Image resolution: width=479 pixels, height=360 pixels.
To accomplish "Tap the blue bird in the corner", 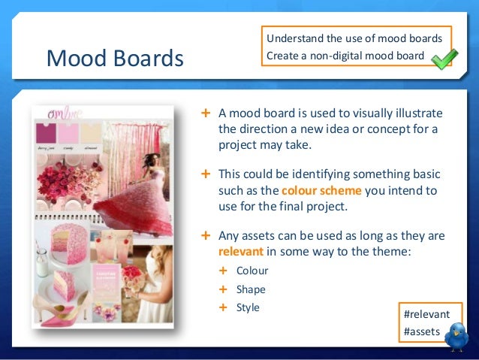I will pyautogui.click(x=456, y=337).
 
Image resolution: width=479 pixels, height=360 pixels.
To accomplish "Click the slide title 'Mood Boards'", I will pyautogui.click(x=114, y=58).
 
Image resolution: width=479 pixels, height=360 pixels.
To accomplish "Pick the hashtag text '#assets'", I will pyautogui.click(x=422, y=330).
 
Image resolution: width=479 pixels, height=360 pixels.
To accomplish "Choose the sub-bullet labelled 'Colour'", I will pyautogui.click(x=252, y=271).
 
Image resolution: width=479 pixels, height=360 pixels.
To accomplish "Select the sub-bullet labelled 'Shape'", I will pyautogui.click(x=251, y=289).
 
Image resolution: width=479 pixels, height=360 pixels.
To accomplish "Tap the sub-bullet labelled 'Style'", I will pyautogui.click(x=248, y=307).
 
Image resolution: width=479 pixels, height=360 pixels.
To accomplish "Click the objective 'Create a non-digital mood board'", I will pyautogui.click(x=345, y=55).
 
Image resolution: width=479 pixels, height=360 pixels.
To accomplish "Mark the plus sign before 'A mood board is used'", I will pyautogui.click(x=206, y=113).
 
